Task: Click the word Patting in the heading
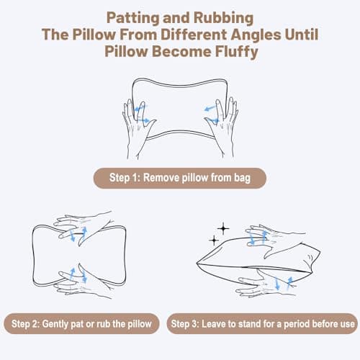click(133, 18)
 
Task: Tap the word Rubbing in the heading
click(223, 18)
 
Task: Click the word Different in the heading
click(194, 35)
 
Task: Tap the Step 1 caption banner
click(180, 178)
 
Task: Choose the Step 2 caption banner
click(81, 323)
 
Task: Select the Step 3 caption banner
click(262, 323)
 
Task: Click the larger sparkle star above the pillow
click(223, 228)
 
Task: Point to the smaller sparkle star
click(214, 240)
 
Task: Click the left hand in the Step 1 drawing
click(138, 128)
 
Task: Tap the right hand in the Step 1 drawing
click(222, 127)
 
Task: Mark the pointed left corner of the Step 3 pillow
click(197, 264)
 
